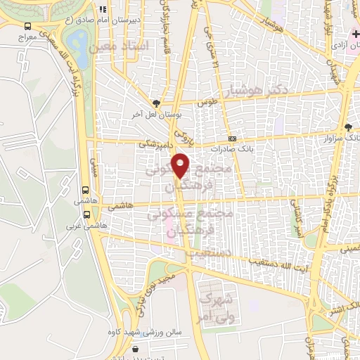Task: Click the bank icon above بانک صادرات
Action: click(x=232, y=139)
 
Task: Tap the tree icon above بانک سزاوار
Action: click(x=348, y=127)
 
